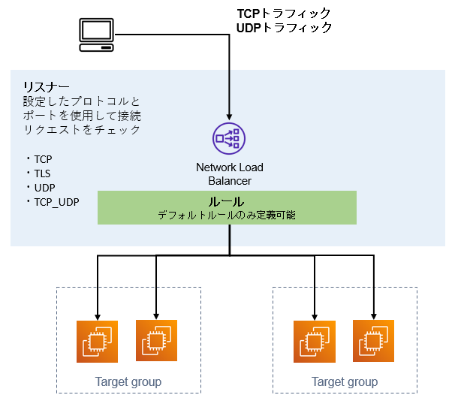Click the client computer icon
pos(98,35)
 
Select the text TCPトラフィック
pos(284,14)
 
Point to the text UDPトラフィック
pos(284,28)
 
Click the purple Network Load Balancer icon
pos(228,137)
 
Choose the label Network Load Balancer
pos(229,173)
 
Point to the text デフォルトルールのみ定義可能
pos(226,215)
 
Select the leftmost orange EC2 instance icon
pos(98,342)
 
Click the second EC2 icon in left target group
pos(156,341)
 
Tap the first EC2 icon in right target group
pos(315,342)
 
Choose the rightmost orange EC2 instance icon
pos(373,341)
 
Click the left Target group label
pos(128,382)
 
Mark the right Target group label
pos(345,382)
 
